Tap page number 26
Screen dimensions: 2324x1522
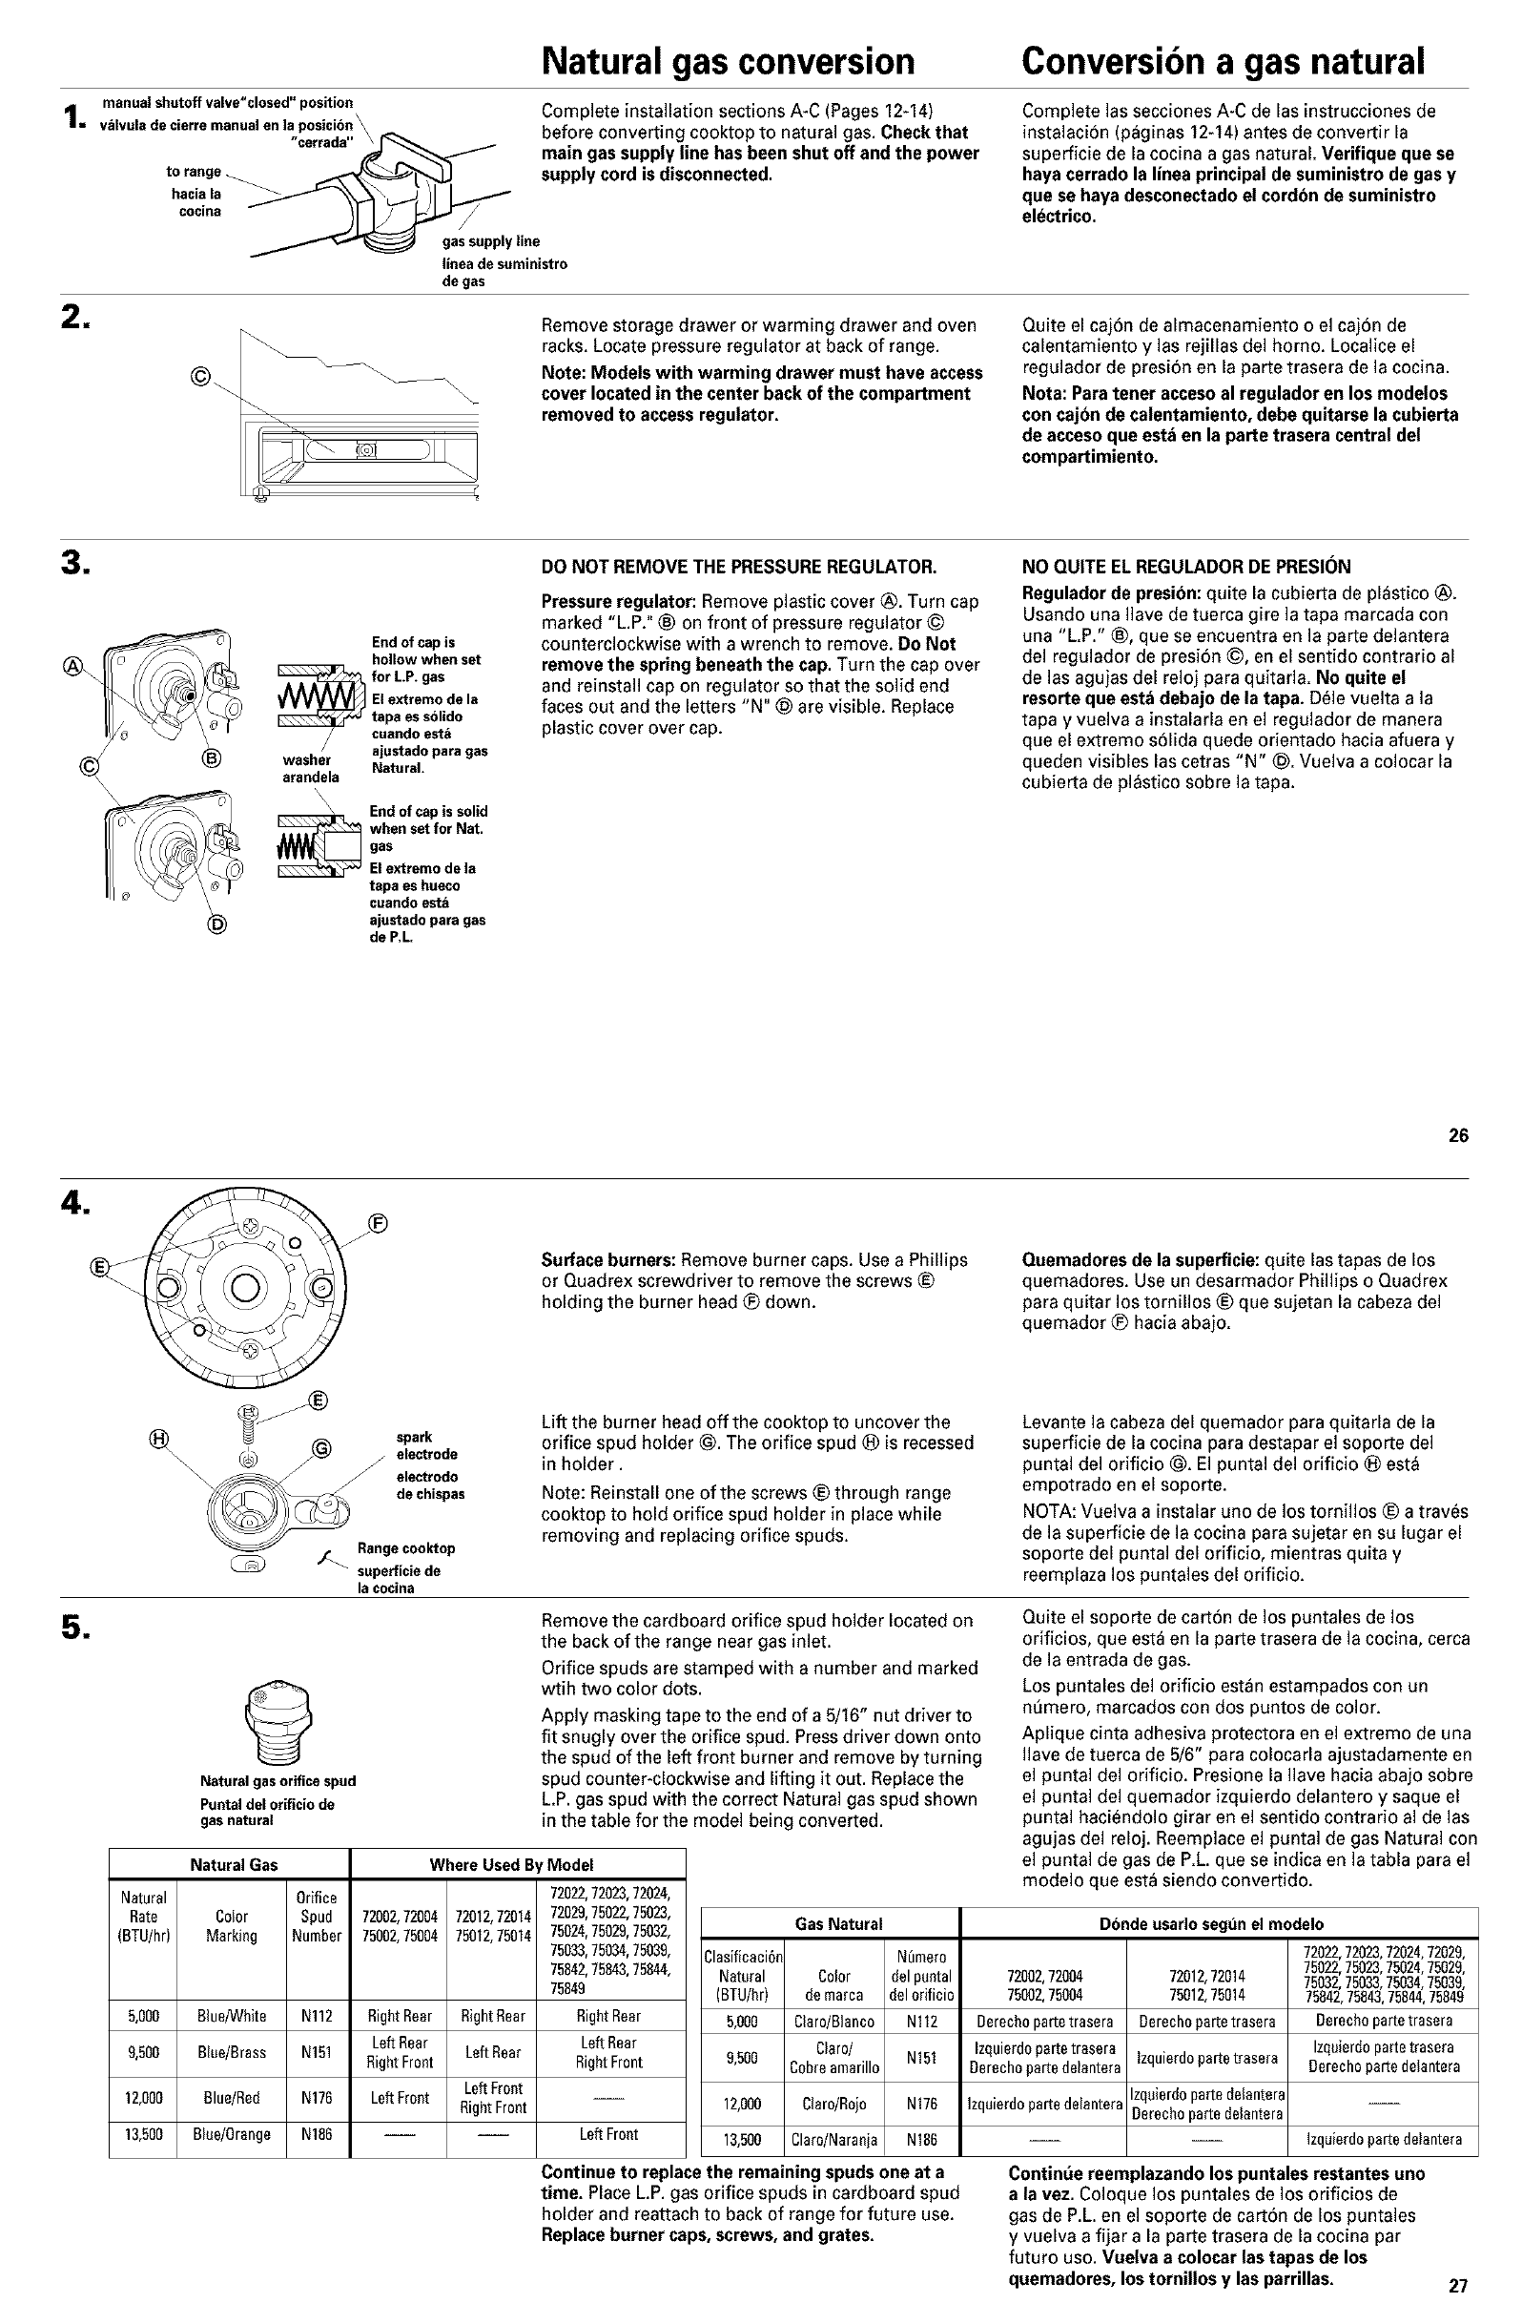click(x=1457, y=1134)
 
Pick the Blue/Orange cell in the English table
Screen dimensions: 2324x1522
click(x=232, y=2134)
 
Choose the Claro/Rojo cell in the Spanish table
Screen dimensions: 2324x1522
click(x=833, y=2104)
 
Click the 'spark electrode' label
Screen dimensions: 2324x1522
click(x=426, y=1445)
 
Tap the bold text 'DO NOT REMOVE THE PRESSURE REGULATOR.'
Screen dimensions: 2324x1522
click(x=739, y=567)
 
